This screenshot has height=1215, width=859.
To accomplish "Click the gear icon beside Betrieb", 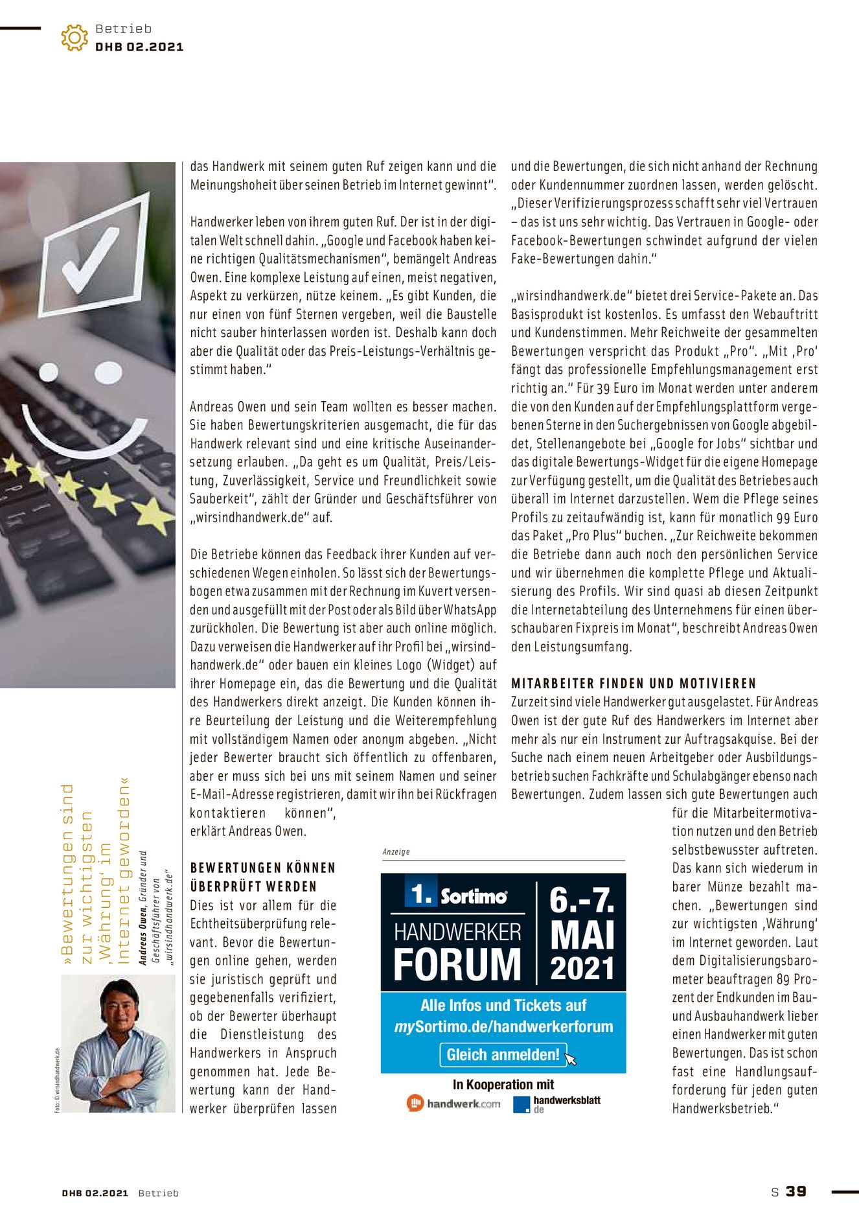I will tap(74, 38).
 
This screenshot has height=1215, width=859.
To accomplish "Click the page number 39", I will tap(796, 1191).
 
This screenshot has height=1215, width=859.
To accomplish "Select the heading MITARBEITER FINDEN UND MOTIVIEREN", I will tap(634, 683).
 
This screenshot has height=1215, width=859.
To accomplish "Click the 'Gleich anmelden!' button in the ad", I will tap(503, 1054).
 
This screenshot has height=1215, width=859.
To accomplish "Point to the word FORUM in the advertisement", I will tap(457, 965).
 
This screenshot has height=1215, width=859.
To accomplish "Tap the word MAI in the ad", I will tap(582, 936).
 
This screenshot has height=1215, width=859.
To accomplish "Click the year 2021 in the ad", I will tap(582, 969).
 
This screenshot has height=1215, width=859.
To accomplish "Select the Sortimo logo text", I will tap(474, 896).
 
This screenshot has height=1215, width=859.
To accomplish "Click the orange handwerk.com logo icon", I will tap(415, 1103).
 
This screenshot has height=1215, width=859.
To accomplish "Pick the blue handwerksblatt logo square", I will tap(521, 1104).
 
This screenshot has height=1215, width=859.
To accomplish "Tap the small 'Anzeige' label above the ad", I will tap(396, 851).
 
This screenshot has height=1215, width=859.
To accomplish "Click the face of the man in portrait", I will tap(120, 1008).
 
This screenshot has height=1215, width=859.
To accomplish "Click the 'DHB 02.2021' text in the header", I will tap(139, 47).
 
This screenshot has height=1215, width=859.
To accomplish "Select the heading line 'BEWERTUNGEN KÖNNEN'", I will tap(263, 868).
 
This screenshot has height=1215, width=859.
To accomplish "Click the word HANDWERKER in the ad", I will tap(457, 932).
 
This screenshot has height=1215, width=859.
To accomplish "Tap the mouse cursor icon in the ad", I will tap(570, 1059).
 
